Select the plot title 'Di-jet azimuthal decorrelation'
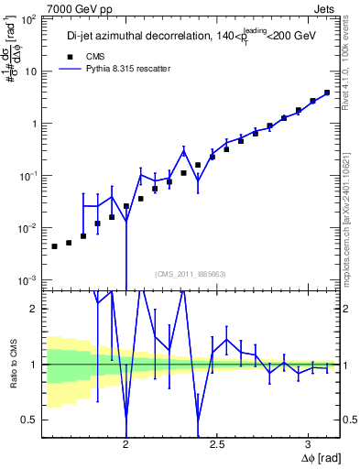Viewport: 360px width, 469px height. pyautogui.click(x=124, y=36)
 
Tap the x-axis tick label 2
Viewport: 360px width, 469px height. pyautogui.click(x=126, y=441)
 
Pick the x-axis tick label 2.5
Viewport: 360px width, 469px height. pyautogui.click(x=217, y=441)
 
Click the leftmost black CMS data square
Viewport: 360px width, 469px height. pyautogui.click(x=55, y=246)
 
